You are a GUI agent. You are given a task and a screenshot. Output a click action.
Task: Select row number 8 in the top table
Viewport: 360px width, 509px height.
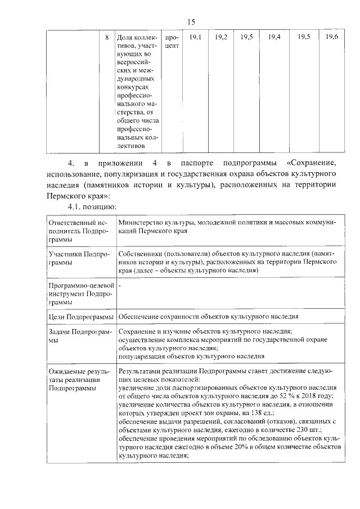coord(107,37)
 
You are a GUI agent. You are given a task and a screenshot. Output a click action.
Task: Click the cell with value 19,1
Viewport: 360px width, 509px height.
coord(195,37)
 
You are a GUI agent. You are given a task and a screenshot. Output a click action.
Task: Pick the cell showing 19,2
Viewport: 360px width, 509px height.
coord(221,37)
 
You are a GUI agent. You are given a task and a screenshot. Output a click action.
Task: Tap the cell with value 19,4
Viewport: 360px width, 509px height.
coord(274,37)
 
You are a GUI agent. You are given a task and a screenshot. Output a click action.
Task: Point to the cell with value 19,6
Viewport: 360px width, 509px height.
coord(332,37)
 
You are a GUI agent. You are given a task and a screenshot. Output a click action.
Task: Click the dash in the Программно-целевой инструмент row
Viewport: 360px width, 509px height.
coord(120,286)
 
